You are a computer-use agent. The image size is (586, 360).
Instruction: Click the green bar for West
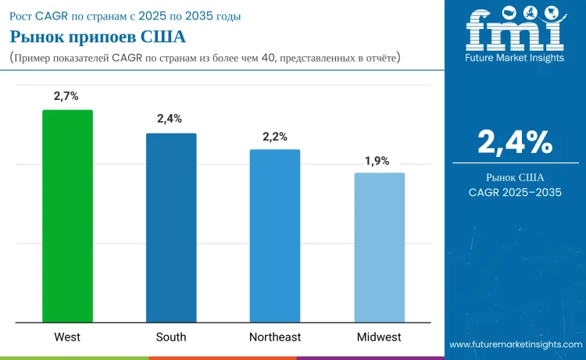67,216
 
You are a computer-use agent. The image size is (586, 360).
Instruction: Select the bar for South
171,227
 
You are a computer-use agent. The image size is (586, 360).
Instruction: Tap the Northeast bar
275,235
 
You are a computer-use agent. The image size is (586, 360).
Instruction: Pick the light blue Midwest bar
379,247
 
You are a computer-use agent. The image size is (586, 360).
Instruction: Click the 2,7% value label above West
67,97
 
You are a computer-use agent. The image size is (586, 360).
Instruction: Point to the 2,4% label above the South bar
170,119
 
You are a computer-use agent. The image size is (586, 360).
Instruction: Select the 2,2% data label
274,136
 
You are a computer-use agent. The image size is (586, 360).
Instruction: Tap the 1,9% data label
377,160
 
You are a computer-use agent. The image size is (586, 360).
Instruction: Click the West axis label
67,337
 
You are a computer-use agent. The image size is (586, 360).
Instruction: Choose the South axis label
171,337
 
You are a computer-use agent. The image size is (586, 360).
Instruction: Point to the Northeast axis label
275,337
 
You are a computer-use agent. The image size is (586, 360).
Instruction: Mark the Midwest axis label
379,337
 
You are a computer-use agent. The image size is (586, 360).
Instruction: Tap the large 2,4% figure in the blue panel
515,141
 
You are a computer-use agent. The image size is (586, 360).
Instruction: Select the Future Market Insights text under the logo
515,59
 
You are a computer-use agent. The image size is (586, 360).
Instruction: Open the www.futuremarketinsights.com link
516,344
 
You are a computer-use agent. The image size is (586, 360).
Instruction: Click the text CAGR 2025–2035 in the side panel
515,192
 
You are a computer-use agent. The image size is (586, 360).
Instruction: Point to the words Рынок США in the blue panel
515,176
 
